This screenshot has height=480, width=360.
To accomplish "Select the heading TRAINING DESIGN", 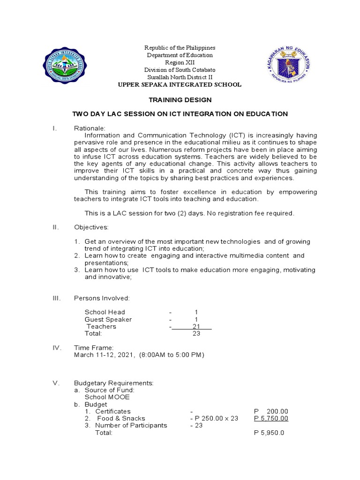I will pyautogui.click(x=180, y=100).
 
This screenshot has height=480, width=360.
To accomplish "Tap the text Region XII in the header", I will pyautogui.click(x=180, y=62).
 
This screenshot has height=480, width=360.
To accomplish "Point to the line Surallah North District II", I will pyautogui.click(x=180, y=77).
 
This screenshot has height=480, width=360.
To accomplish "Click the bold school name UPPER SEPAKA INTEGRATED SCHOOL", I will pyautogui.click(x=180, y=85).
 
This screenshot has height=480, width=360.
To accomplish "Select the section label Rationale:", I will pyautogui.click(x=90, y=128).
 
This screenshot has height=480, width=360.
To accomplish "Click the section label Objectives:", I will pyautogui.click(x=91, y=227).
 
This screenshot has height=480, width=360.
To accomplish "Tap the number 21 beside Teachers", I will pyautogui.click(x=197, y=326).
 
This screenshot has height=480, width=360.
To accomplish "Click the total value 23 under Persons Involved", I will pyautogui.click(x=196, y=334).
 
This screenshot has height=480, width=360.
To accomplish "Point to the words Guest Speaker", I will pyautogui.click(x=108, y=319).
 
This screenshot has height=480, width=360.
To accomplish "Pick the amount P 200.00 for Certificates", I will pyautogui.click(x=271, y=412).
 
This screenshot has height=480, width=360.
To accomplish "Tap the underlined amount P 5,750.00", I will pyautogui.click(x=271, y=419).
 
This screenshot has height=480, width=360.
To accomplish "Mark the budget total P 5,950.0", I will pyautogui.click(x=269, y=433).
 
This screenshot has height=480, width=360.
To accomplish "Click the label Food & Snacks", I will pyautogui.click(x=121, y=419).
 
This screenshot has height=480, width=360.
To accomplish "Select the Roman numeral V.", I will pyautogui.click(x=56, y=383).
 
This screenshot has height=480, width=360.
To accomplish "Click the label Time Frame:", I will pyautogui.click(x=94, y=348).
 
